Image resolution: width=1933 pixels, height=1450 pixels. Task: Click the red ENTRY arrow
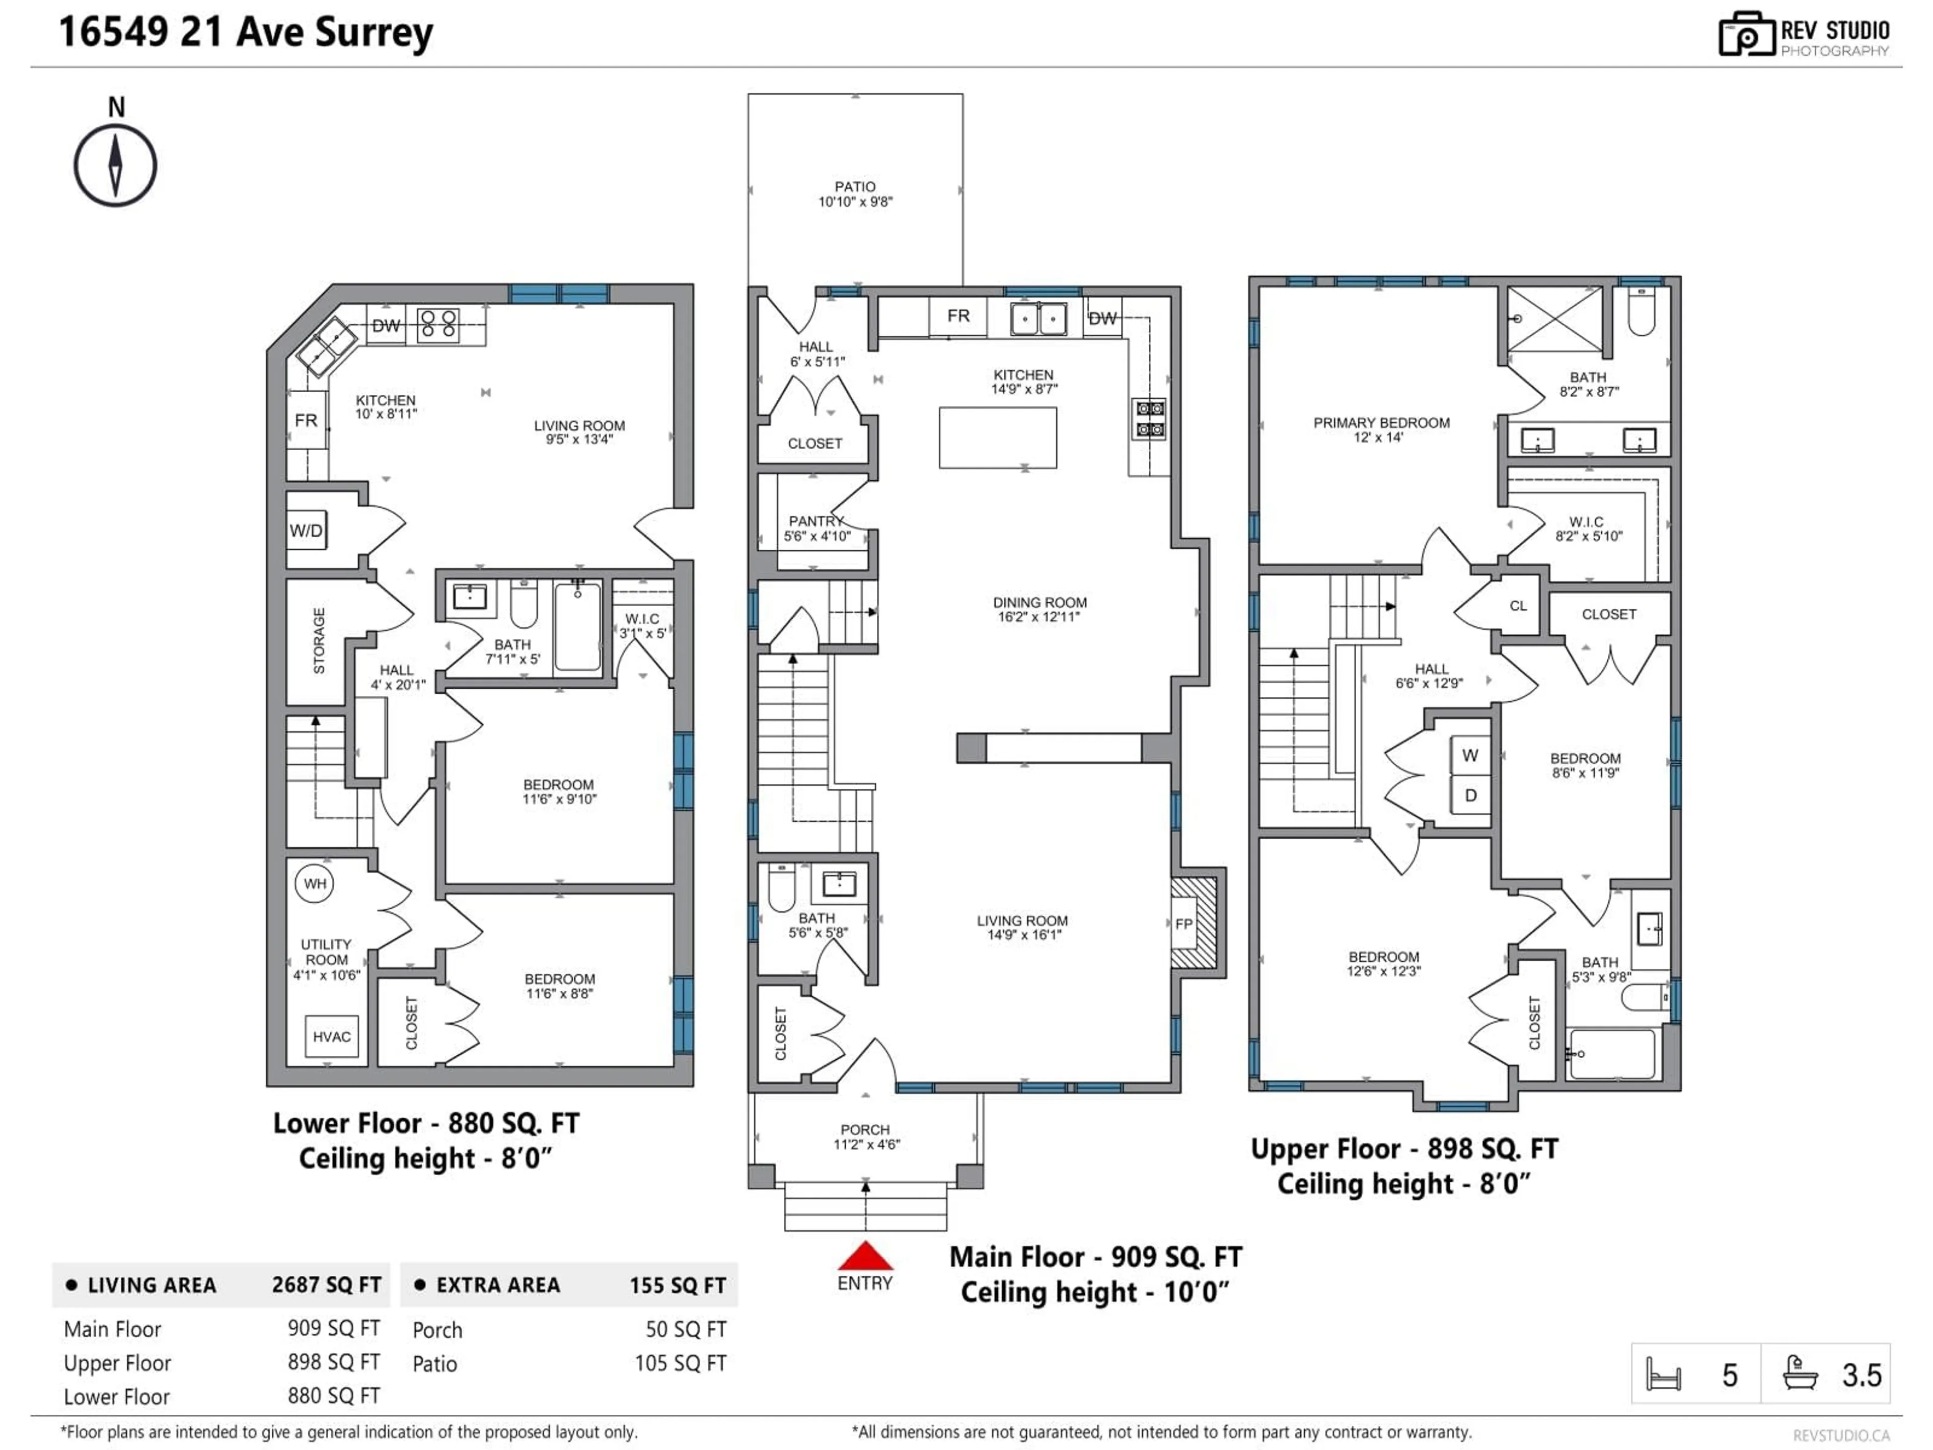(865, 1256)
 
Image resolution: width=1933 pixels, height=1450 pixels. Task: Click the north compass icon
(114, 165)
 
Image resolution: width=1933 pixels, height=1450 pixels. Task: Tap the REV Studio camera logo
(1746, 34)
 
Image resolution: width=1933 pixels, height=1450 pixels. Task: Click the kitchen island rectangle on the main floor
(998, 437)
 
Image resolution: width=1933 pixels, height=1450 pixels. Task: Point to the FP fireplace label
(1184, 924)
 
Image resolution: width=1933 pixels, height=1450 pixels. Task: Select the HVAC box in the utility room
(331, 1037)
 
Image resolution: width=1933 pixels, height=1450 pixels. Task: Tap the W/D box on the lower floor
(306, 531)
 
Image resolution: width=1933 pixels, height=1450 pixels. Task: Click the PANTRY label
(815, 521)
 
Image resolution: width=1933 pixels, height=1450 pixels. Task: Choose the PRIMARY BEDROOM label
(1381, 423)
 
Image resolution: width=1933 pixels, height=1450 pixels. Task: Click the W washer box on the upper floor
(1470, 755)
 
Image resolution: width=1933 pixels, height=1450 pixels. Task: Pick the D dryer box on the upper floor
(1470, 795)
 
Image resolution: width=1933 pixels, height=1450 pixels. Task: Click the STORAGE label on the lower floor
(319, 640)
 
